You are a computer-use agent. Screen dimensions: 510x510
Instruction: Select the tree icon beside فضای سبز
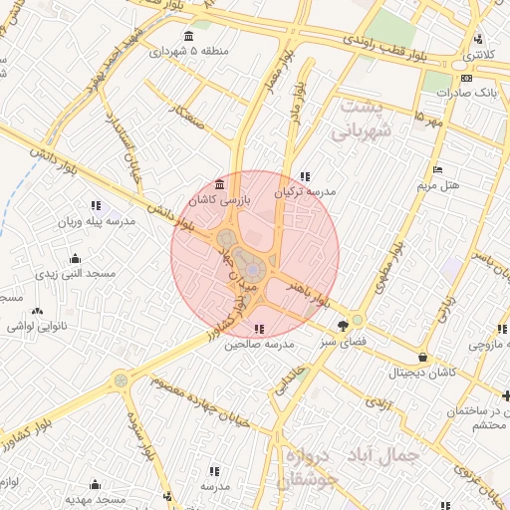344,325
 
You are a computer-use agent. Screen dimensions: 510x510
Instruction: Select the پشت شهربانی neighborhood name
367,118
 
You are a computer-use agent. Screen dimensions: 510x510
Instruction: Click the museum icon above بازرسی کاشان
220,184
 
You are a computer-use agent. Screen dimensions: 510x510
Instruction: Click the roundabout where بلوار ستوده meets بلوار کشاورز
121,380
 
